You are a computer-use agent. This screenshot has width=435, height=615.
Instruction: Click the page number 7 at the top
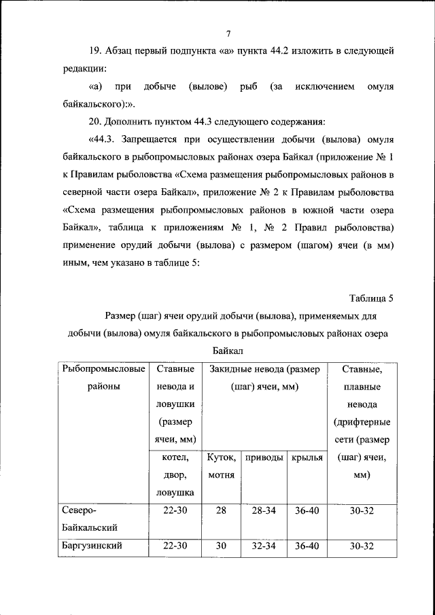229,33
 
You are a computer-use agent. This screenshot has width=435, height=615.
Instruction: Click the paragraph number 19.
96,51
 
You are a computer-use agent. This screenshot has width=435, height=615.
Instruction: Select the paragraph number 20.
96,122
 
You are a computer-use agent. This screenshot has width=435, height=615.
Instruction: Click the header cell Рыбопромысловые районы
103,377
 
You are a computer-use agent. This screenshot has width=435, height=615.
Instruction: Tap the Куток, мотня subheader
221,466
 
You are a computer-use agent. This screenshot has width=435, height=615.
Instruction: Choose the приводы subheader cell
264,458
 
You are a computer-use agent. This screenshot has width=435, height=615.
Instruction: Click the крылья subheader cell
306,458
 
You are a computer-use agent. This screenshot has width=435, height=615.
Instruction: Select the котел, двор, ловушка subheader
175,474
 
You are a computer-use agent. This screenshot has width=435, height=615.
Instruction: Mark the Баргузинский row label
92,546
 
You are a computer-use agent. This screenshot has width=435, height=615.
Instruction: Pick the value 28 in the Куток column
221,510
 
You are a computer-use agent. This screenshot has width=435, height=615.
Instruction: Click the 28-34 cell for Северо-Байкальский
264,510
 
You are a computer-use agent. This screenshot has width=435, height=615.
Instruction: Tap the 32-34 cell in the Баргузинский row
264,546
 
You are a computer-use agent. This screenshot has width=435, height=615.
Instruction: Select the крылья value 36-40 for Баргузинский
306,546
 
